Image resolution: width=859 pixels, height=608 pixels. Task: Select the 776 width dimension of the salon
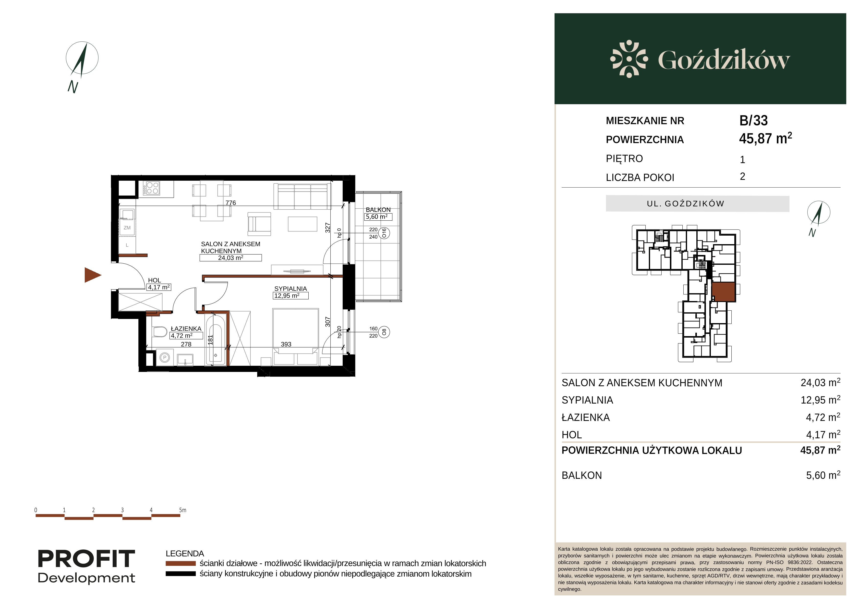pyautogui.click(x=230, y=203)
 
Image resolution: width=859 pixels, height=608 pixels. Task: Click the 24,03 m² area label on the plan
pyautogui.click(x=230, y=258)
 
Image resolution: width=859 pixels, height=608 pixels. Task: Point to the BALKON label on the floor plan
pyautogui.click(x=378, y=210)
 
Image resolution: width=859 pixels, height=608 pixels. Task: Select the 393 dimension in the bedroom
pyautogui.click(x=286, y=344)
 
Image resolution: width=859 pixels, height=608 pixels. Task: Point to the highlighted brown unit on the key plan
pyautogui.click(x=723, y=292)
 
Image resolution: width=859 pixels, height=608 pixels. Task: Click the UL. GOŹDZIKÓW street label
pyautogui.click(x=685, y=204)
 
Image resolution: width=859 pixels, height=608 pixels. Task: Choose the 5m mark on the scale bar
pyautogui.click(x=182, y=510)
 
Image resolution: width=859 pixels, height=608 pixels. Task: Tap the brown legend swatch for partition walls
pyautogui.click(x=181, y=563)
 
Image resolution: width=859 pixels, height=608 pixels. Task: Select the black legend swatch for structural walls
pyautogui.click(x=181, y=574)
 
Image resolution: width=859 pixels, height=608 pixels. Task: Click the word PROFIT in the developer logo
pyautogui.click(x=86, y=559)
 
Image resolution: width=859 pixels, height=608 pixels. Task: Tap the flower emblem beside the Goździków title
pyautogui.click(x=629, y=59)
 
